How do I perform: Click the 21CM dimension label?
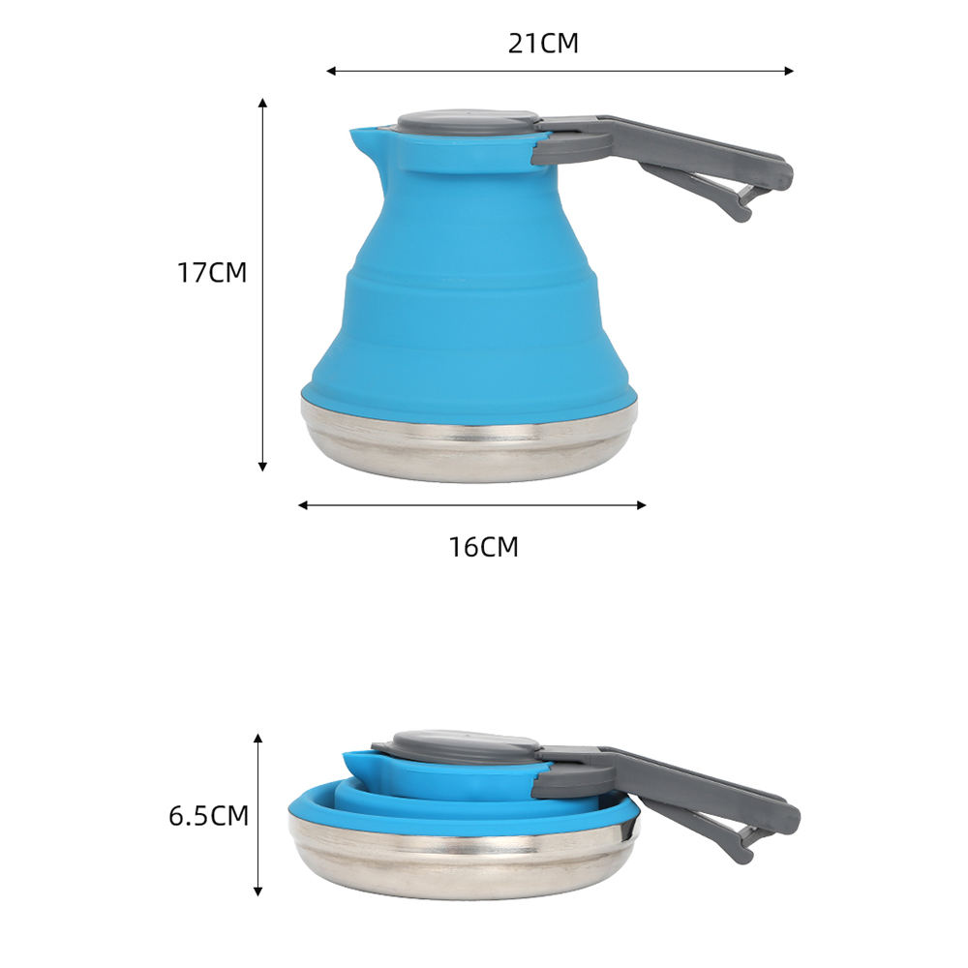(543, 44)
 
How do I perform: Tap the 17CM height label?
(212, 272)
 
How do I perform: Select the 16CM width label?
(483, 547)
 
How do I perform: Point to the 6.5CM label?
(209, 815)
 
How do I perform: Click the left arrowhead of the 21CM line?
(331, 71)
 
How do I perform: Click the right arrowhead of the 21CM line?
(789, 71)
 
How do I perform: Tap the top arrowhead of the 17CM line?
(263, 103)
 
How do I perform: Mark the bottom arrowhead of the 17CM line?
(263, 467)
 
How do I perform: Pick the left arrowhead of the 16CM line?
(303, 505)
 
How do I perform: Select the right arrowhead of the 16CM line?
(642, 505)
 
